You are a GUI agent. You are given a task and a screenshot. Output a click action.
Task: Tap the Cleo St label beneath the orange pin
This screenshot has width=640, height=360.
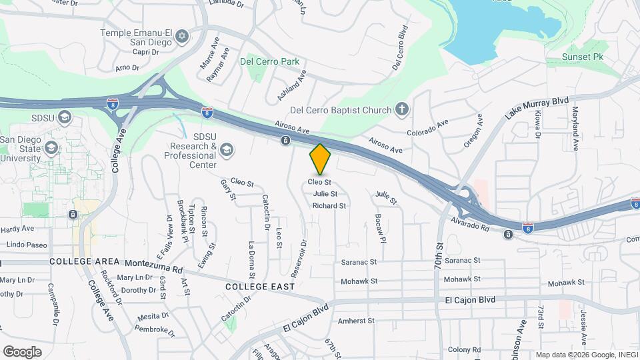[320, 181]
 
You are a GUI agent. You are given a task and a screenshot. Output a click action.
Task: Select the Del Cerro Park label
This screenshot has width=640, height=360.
[273, 61]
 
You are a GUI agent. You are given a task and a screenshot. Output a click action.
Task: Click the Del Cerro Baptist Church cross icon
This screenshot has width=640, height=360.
[401, 109]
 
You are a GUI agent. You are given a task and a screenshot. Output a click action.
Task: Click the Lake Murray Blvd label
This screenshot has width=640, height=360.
[537, 108]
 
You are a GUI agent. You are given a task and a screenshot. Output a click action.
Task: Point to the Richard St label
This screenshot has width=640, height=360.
[329, 206]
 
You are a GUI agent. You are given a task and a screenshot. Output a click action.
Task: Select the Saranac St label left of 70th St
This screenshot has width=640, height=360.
[359, 262]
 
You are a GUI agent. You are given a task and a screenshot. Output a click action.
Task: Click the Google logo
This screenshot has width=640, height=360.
[22, 351]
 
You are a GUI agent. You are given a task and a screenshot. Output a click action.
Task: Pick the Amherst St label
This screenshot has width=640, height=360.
[357, 321]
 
